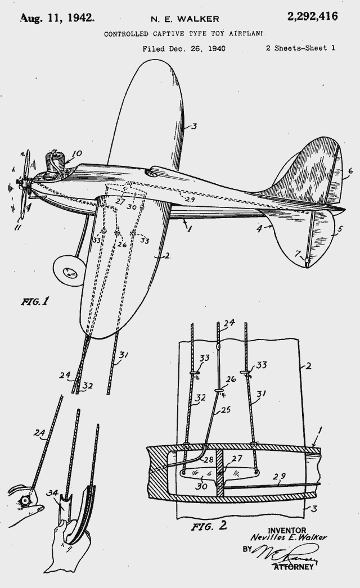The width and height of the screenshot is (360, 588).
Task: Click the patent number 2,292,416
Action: tap(312, 16)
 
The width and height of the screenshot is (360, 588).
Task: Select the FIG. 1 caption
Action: tap(34, 301)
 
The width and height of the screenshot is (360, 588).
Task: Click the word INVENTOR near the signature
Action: tap(287, 530)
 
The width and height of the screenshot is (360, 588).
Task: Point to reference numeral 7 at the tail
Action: tap(298, 254)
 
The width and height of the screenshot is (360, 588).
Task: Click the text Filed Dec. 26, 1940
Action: tap(183, 49)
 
